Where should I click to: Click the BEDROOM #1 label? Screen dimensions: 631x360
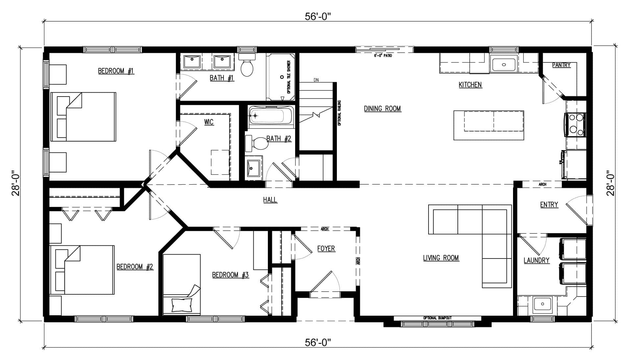pyautogui.click(x=116, y=71)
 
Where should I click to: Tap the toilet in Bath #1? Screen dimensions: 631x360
pyautogui.click(x=247, y=65)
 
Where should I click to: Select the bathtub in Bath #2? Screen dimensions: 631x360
pyautogui.click(x=271, y=116)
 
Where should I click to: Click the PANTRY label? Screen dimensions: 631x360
pyautogui.click(x=561, y=65)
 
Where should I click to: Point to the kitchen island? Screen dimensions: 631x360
pyautogui.click(x=489, y=125)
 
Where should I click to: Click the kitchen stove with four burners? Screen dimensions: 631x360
pyautogui.click(x=575, y=124)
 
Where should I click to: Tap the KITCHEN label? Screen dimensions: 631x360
pyautogui.click(x=470, y=85)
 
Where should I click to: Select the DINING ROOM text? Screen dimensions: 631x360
pyautogui.click(x=383, y=109)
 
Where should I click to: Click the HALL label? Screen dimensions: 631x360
pyautogui.click(x=270, y=200)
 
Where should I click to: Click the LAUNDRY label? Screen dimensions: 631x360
pyautogui.click(x=536, y=260)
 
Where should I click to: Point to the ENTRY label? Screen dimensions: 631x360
pyautogui.click(x=549, y=205)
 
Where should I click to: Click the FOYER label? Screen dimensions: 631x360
pyautogui.click(x=326, y=249)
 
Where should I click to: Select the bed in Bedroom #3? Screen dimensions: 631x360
pyautogui.click(x=182, y=284)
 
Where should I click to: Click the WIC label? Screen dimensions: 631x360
pyautogui.click(x=209, y=122)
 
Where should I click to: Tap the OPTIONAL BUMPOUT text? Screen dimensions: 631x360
pyautogui.click(x=437, y=318)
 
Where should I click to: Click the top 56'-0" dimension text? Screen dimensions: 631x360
pyautogui.click(x=317, y=16)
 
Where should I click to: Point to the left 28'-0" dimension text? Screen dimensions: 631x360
pyautogui.click(x=16, y=183)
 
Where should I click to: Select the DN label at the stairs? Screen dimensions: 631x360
pyautogui.click(x=316, y=80)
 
